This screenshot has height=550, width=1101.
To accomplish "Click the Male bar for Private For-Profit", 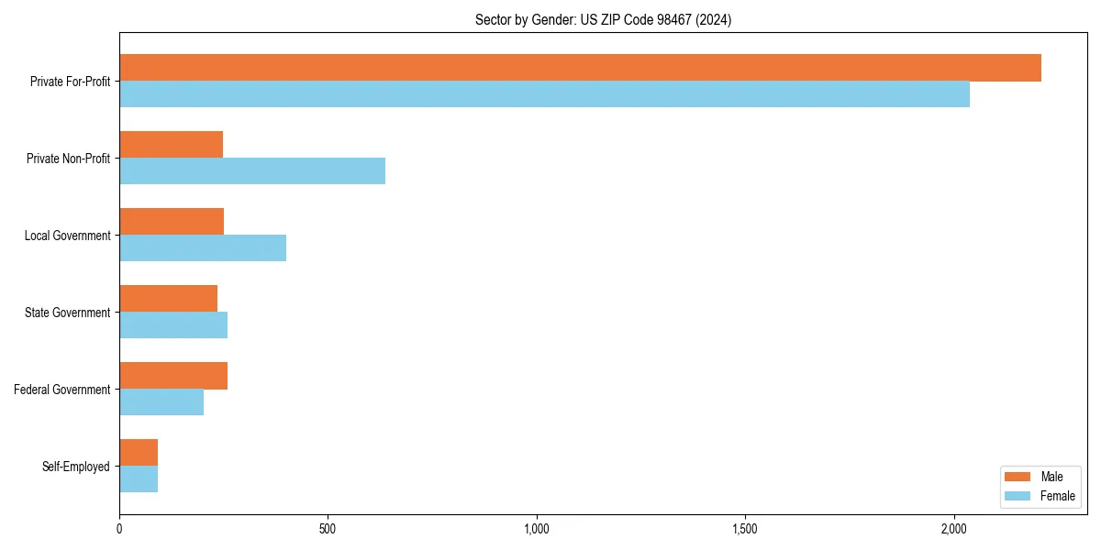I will click(580, 68).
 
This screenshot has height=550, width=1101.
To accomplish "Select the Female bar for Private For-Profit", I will click(544, 94).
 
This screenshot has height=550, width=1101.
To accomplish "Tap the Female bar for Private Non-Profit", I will click(252, 171).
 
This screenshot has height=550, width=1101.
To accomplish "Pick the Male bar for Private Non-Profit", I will click(172, 145).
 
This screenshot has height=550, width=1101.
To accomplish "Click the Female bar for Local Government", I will click(203, 248).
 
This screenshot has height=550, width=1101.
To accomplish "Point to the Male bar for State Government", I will click(169, 299).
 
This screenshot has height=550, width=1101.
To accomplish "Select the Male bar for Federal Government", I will click(173, 376).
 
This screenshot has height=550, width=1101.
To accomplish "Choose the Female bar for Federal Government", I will click(161, 402).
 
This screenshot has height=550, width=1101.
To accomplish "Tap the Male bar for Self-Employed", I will click(139, 453).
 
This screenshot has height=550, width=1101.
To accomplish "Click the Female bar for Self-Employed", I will click(139, 479).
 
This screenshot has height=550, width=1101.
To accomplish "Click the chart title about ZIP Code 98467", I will click(603, 19).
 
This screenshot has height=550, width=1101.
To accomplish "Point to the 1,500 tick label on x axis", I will click(745, 529).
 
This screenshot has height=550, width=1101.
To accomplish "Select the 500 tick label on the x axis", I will click(328, 529).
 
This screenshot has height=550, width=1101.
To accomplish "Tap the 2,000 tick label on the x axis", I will click(954, 529).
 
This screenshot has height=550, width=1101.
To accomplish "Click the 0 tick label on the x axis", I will click(119, 529).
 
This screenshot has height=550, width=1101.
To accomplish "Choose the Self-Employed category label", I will click(76, 467).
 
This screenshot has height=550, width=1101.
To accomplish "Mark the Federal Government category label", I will click(62, 390).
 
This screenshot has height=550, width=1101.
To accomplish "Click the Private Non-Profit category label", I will click(68, 159).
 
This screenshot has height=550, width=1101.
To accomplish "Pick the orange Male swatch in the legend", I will click(1018, 477).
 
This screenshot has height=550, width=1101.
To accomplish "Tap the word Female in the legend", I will click(1058, 496).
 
